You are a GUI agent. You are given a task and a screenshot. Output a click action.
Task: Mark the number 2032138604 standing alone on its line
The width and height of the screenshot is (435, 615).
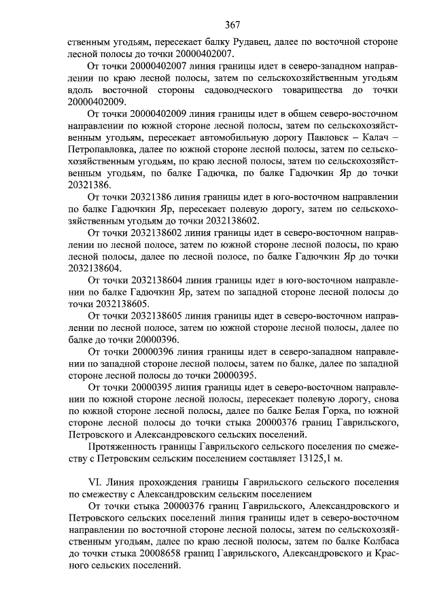94,268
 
